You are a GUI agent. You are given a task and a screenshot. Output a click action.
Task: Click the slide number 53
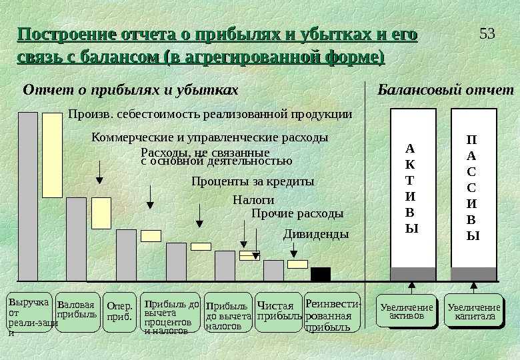click(x=487, y=33)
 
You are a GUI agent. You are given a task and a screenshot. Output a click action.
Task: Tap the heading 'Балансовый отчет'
click(x=446, y=89)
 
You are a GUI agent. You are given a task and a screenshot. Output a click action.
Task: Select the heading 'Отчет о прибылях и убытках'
click(x=131, y=89)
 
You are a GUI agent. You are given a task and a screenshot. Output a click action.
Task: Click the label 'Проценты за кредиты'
click(x=252, y=181)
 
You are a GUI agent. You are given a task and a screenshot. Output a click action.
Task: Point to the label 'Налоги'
click(x=253, y=199)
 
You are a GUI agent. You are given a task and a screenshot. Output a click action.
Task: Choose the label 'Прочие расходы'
click(x=297, y=214)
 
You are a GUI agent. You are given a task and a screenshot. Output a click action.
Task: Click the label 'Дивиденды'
click(x=316, y=235)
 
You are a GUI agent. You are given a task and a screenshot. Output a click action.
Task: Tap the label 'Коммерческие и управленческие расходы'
click(x=209, y=138)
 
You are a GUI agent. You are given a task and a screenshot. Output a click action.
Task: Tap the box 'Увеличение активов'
click(x=406, y=311)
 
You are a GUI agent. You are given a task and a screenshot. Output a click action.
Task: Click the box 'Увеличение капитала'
click(x=473, y=311)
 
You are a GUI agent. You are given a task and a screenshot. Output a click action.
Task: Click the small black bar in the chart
click(x=321, y=274)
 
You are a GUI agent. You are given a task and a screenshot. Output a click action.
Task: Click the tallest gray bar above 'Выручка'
click(x=28, y=197)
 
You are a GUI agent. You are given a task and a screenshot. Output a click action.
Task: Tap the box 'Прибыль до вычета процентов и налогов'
click(x=171, y=311)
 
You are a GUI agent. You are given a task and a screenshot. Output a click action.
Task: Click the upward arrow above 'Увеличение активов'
click(x=412, y=287)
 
